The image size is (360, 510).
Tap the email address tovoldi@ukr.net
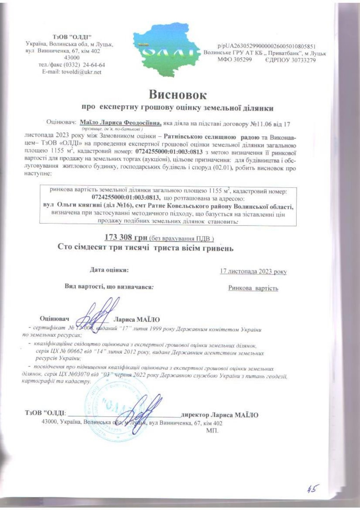[x=72, y=72]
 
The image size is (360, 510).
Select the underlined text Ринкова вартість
[x=253, y=288]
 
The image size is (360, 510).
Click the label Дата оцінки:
[x=109, y=270]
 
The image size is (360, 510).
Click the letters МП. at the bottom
[x=212, y=430]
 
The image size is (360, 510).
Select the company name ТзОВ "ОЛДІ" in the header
[x=72, y=37]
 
